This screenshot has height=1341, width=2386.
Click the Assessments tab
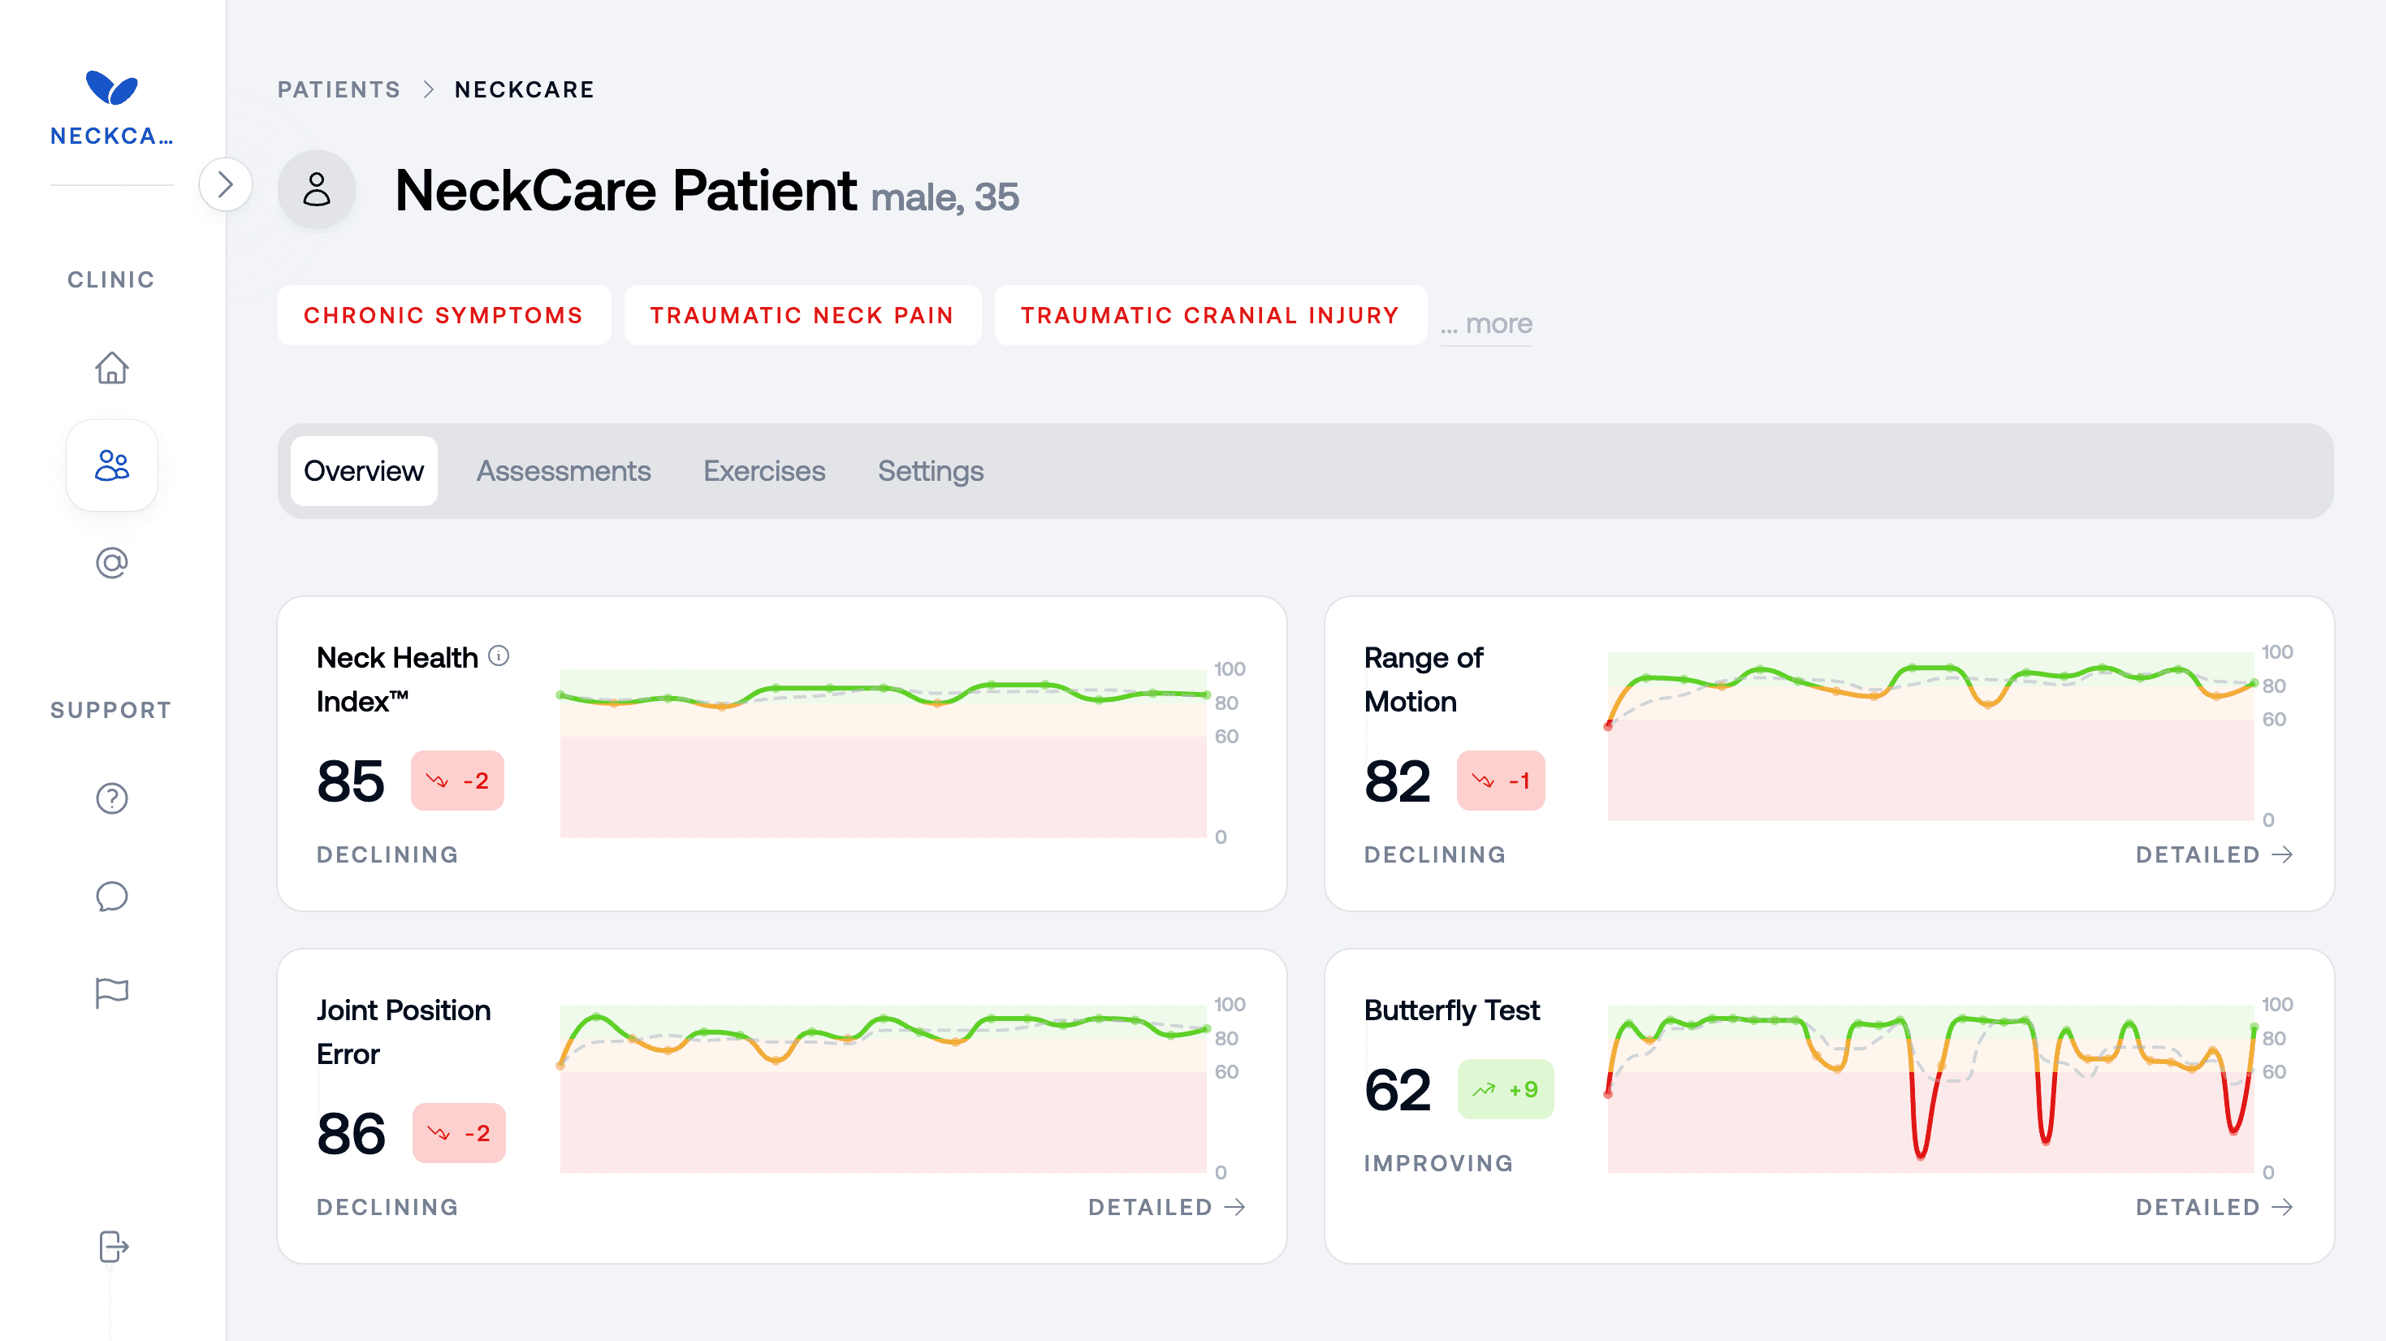coord(563,471)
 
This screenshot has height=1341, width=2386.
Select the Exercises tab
coord(764,471)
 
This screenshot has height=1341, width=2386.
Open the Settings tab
coord(930,471)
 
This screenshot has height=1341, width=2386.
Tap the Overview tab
coord(363,471)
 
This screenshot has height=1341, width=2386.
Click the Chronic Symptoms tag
coord(443,316)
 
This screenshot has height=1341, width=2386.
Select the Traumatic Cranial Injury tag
coord(1210,316)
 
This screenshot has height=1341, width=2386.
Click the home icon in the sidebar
coord(112,368)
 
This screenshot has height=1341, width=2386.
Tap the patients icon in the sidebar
coord(112,465)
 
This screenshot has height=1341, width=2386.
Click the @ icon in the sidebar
coord(112,563)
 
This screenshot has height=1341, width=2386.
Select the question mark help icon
coord(112,798)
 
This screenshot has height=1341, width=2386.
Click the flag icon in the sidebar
coord(112,993)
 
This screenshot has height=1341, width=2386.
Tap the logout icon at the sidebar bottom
coord(112,1247)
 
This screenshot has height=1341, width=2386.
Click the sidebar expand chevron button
coord(225,185)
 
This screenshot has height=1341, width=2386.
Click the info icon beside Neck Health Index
coord(499,655)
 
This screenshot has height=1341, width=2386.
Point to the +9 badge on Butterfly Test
coord(1505,1089)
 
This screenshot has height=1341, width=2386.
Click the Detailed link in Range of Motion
coord(2213,854)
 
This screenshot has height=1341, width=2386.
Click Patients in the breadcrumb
coord(339,90)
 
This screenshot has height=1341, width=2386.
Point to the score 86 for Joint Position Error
coord(351,1134)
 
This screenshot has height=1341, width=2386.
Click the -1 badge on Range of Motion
coord(1500,781)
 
